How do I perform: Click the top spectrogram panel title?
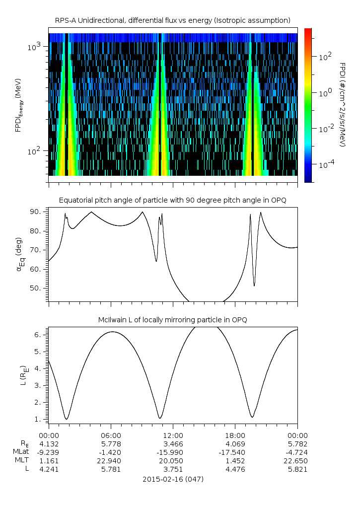pos(173,20)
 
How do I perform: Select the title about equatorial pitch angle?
pos(173,200)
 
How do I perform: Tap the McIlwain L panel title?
pos(173,320)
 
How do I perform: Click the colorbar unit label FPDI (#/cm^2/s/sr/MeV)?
pos(342,104)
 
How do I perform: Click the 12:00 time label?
pos(173,435)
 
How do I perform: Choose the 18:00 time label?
pos(235,435)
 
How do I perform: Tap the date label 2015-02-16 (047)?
pos(173,479)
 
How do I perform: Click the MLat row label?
pos(21,451)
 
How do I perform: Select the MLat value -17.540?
pos(235,451)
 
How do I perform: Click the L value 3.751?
pos(173,468)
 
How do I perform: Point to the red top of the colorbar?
pos(308,31)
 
